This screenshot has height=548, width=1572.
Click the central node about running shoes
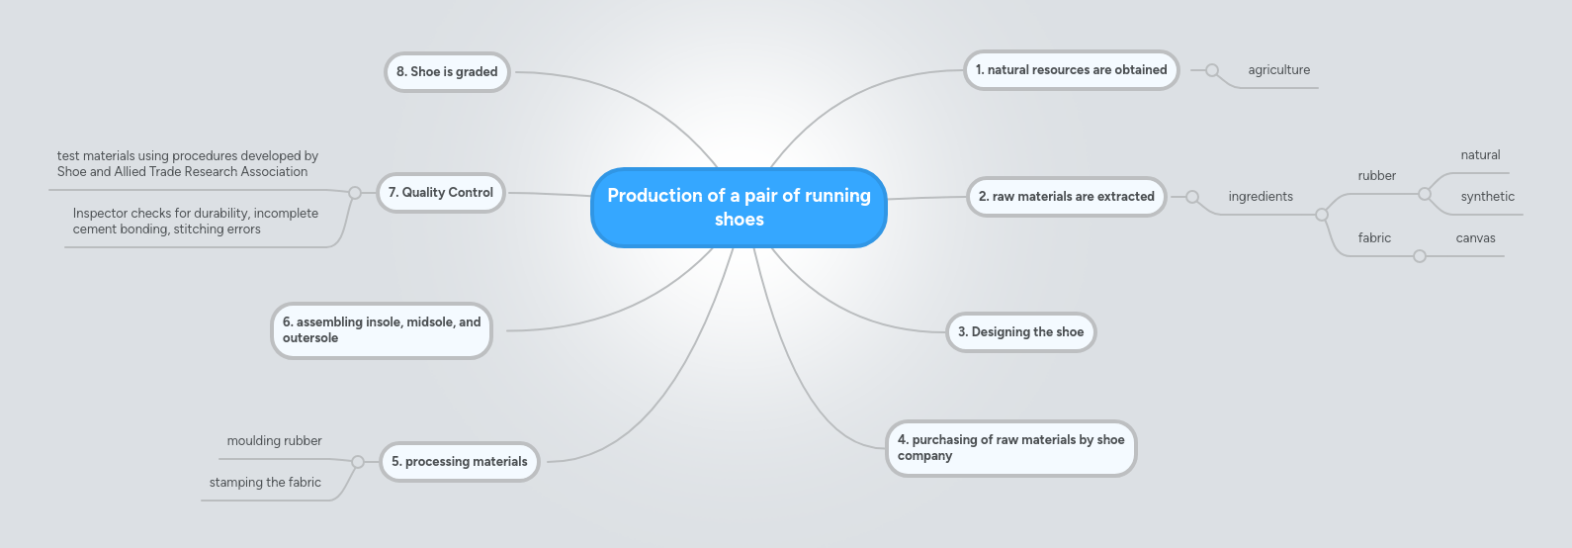click(739, 208)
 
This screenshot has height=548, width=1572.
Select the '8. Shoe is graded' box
click(447, 72)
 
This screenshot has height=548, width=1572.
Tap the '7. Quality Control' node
click(441, 193)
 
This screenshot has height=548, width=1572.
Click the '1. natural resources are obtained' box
click(1071, 70)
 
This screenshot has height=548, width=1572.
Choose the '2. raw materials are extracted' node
click(1066, 197)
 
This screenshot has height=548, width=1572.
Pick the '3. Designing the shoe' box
click(1020, 332)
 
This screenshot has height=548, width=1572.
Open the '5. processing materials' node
click(459, 462)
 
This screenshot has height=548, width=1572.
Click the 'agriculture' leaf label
click(1278, 70)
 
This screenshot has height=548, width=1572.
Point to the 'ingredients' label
click(1261, 197)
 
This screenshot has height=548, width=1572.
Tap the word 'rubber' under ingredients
click(1376, 176)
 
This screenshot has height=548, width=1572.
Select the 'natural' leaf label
click(1480, 155)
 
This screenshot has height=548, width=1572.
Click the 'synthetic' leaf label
click(1487, 197)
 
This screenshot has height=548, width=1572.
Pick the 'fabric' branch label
click(1374, 238)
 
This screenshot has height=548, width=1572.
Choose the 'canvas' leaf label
click(1475, 238)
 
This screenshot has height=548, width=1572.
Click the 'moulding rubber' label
click(274, 441)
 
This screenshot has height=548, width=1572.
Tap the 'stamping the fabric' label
click(265, 483)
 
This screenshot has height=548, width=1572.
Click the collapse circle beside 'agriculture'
click(1212, 70)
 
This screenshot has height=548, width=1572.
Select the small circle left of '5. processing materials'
click(358, 462)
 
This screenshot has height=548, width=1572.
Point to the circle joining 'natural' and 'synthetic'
click(1425, 194)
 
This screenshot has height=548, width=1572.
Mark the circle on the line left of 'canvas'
click(1420, 256)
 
